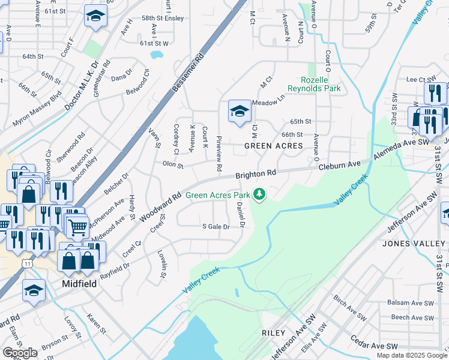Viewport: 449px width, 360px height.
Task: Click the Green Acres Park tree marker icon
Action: [x=259, y=194]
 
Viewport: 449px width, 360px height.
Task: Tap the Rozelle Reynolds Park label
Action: [x=321, y=84]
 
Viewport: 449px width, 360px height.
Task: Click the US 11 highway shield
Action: [x=27, y=263]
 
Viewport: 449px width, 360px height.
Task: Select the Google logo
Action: [x=20, y=353]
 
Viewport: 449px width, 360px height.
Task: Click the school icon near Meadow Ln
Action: [x=239, y=111]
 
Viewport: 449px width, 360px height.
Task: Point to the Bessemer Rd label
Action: [x=188, y=72]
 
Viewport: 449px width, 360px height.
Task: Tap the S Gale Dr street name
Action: [x=215, y=227]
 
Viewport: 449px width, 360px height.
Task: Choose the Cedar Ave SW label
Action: [x=375, y=347]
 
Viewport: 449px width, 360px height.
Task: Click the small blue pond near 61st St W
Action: [x=157, y=55]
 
